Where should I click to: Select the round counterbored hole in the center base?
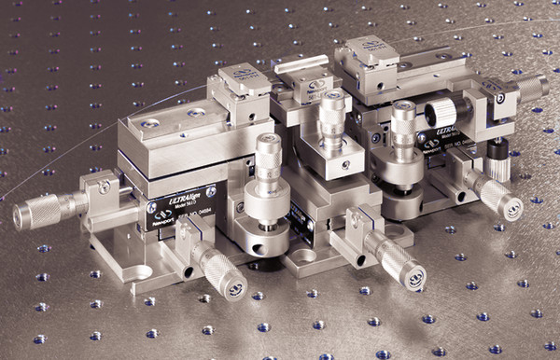304,255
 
